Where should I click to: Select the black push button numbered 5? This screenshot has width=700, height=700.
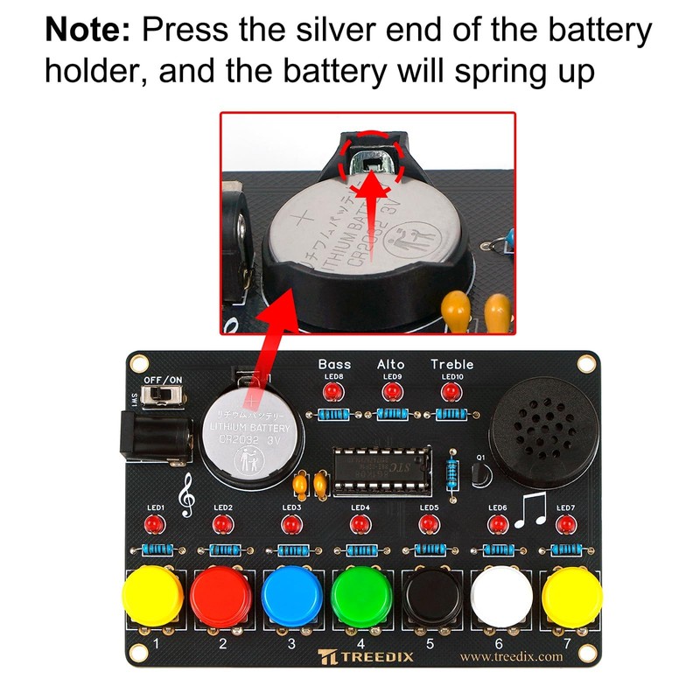pos(430,596)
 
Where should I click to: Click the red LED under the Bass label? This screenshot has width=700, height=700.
pos(332,391)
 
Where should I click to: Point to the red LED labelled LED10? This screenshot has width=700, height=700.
pos(451,391)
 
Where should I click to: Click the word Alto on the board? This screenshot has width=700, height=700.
pos(390,363)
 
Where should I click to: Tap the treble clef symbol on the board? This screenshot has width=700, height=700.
pos(185,496)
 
